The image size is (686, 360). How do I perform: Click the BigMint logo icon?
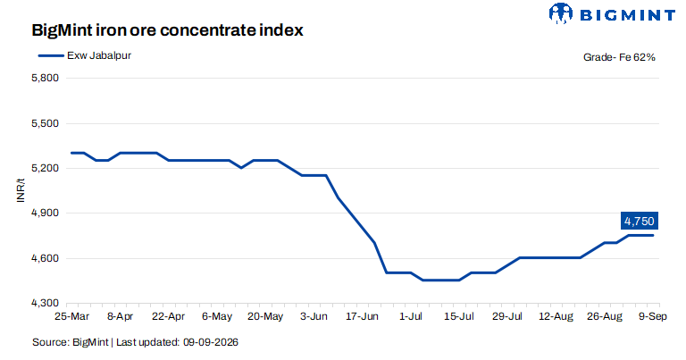pyautogui.click(x=560, y=13)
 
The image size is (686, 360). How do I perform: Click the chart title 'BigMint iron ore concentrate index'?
pyautogui.click(x=168, y=30)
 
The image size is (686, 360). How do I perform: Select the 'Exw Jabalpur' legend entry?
pyautogui.click(x=85, y=55)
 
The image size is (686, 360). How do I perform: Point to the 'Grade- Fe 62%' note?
pyautogui.click(x=619, y=57)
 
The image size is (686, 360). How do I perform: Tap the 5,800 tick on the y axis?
pyautogui.click(x=45, y=78)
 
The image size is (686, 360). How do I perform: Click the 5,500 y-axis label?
pyautogui.click(x=45, y=123)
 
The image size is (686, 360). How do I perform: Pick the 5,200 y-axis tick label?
pyautogui.click(x=45, y=168)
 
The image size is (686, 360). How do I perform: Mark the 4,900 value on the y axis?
pyautogui.click(x=45, y=213)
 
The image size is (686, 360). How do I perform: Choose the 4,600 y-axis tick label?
pyautogui.click(x=45, y=258)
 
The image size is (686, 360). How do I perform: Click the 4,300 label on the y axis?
pyautogui.click(x=45, y=303)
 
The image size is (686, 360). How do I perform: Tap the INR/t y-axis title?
pyautogui.click(x=21, y=190)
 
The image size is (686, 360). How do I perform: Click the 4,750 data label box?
pyautogui.click(x=640, y=221)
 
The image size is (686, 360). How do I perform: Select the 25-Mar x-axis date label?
pyautogui.click(x=71, y=316)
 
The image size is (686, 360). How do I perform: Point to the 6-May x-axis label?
pyautogui.click(x=217, y=316)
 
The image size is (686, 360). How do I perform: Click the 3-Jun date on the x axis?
pyautogui.click(x=314, y=316)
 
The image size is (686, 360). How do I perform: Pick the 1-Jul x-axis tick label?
pyautogui.click(x=410, y=316)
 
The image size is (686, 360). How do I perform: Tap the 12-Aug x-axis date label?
pyautogui.click(x=556, y=316)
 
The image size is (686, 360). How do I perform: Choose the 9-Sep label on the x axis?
pyautogui.click(x=653, y=316)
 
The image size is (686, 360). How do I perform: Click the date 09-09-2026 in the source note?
pyautogui.click(x=211, y=342)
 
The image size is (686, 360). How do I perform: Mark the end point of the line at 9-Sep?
pyautogui.click(x=653, y=235)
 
